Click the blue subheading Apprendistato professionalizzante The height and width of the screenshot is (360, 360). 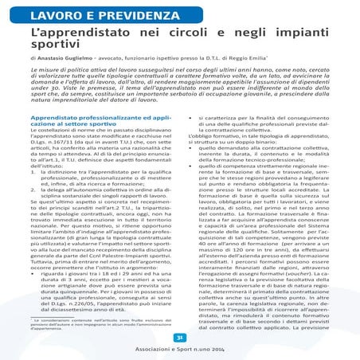click(x=92, y=116)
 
